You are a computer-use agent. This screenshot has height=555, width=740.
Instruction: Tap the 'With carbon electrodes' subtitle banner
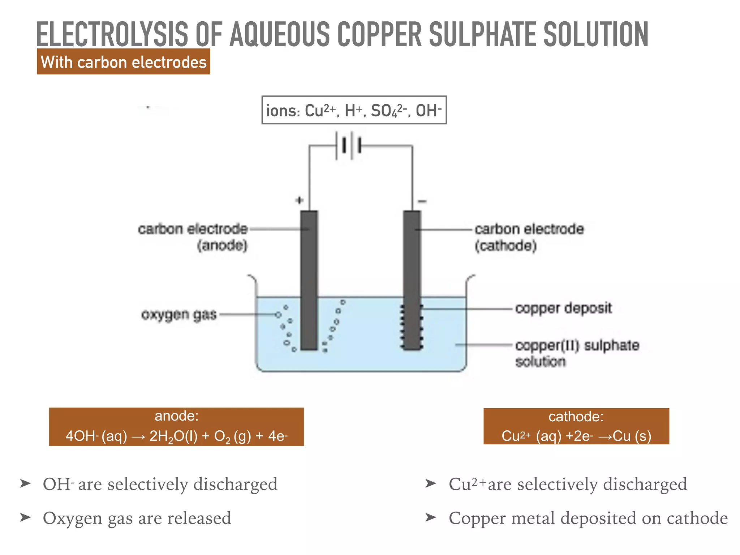pos(124,62)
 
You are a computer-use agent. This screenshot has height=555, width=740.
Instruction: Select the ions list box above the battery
pos(354,110)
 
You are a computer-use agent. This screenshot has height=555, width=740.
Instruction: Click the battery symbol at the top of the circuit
pos(349,146)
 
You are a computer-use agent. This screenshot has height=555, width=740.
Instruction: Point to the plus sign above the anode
pos(299,200)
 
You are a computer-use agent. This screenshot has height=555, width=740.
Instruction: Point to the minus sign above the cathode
pos(422,201)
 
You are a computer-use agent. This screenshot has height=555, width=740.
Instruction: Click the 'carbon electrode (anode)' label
pos(193,237)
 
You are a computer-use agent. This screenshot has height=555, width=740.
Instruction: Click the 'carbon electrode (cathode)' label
pos(529,237)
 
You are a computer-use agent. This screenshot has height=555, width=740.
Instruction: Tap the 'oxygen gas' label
pos(179,315)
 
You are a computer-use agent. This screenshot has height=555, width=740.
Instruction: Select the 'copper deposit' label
pos(563,308)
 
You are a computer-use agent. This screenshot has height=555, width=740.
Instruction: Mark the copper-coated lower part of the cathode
pos(412,327)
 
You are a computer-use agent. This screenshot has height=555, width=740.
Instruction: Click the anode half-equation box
pos(176,427)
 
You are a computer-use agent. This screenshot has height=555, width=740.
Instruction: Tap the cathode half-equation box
pos(576,427)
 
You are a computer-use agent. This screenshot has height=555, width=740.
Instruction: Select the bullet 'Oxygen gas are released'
pos(137,518)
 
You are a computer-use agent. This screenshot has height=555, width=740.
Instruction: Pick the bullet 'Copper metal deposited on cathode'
pos(588,518)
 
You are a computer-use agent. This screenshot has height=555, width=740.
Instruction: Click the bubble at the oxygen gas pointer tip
pos(278,315)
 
